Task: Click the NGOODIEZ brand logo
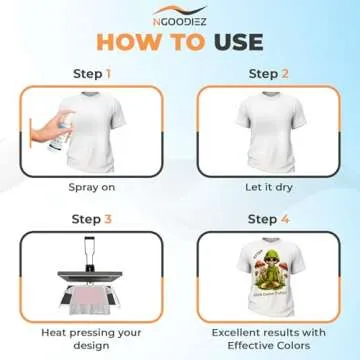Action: [179, 14]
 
